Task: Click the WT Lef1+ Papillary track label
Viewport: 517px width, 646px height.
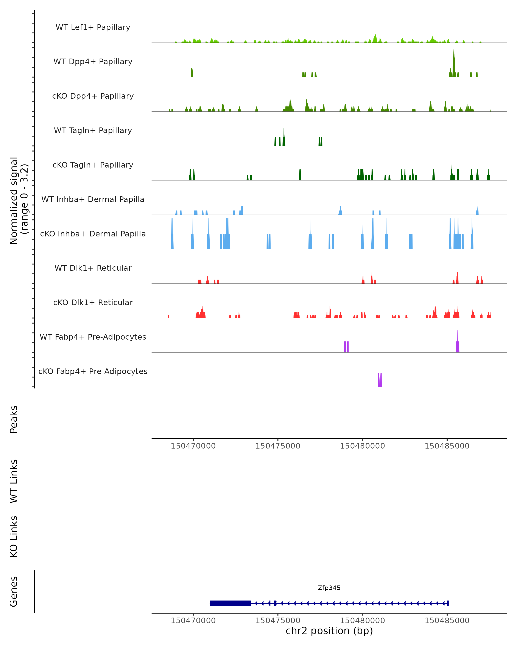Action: click(93, 27)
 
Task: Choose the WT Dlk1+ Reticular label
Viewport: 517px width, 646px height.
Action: click(93, 268)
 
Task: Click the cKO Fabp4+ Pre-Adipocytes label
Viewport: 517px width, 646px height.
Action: click(93, 371)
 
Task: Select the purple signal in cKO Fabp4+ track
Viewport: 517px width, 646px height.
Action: click(380, 380)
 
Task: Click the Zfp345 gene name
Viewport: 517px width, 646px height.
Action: click(329, 588)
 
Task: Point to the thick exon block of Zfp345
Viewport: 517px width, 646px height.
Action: click(230, 603)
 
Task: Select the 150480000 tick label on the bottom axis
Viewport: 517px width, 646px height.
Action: click(362, 621)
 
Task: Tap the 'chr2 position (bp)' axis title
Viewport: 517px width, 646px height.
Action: click(329, 631)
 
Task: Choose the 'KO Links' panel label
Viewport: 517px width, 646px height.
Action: click(14, 537)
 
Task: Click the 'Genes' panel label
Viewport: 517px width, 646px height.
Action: click(14, 592)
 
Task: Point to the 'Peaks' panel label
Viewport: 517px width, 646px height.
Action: click(14, 419)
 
